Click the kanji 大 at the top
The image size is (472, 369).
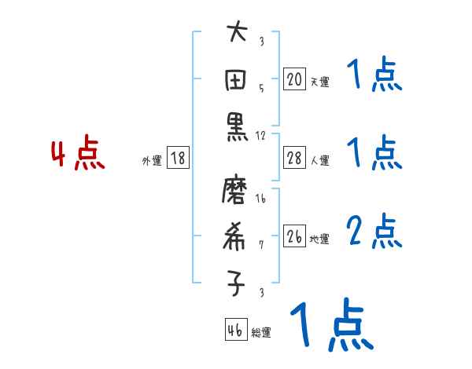tap(237, 34)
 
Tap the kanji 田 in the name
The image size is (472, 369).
tap(237, 81)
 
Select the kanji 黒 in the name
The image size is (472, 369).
tap(237, 129)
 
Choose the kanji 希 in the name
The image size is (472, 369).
tap(237, 237)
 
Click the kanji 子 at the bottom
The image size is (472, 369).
tap(237, 283)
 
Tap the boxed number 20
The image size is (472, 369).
tap(294, 79)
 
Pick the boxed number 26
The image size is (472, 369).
tap(294, 236)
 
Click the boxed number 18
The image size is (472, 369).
tap(178, 159)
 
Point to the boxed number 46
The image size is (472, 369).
tap(235, 331)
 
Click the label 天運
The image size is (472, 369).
tap(319, 82)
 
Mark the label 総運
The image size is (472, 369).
tap(260, 333)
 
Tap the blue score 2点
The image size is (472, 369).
tap(374, 231)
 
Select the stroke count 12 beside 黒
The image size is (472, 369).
tap(261, 135)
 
